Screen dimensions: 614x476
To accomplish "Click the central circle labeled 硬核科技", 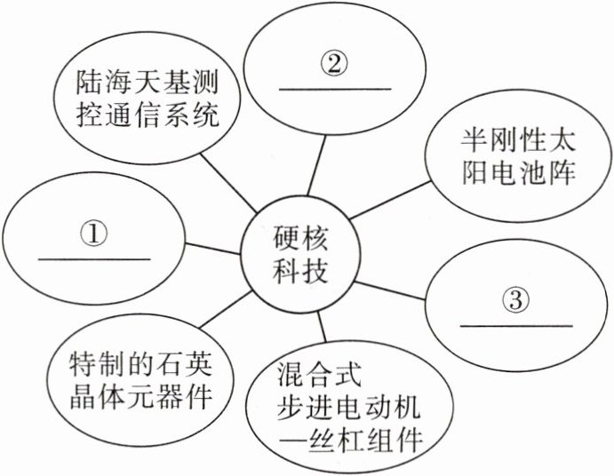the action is pos(299,254).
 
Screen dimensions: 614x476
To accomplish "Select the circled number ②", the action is pos(335,65).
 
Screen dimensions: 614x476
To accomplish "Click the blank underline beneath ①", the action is pos(94,258).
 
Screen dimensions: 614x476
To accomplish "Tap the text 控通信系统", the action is pos(146,119).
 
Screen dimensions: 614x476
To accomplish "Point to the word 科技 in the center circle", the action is pos(299,270).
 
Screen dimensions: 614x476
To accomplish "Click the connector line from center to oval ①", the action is pos(213,247).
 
